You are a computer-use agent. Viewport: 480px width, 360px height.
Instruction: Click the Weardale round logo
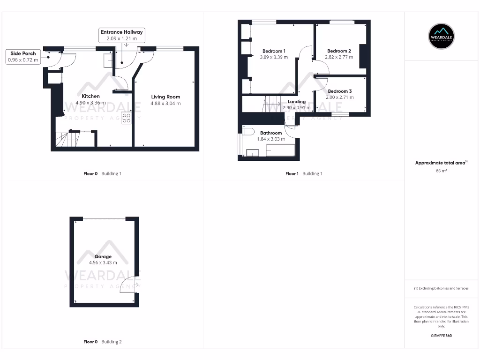click(442, 37)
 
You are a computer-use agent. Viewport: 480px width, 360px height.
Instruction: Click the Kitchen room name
click(90, 96)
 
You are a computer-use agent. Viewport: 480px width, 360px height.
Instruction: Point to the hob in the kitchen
click(127, 118)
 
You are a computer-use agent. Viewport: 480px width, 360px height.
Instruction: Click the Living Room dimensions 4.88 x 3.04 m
click(165, 103)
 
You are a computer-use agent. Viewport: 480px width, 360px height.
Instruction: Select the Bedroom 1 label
click(274, 51)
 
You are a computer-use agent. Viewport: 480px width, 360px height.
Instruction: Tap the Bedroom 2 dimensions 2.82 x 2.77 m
click(339, 57)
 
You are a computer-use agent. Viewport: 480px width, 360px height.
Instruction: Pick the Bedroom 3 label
click(339, 91)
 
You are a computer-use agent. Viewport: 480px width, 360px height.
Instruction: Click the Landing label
click(296, 102)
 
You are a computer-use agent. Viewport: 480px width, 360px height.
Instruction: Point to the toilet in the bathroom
click(248, 131)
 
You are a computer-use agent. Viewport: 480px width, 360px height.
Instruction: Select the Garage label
click(103, 256)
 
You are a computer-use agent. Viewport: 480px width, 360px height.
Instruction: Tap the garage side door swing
click(128, 285)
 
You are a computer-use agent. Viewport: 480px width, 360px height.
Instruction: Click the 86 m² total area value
click(441, 171)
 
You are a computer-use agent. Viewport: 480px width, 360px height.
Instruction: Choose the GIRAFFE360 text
click(441, 336)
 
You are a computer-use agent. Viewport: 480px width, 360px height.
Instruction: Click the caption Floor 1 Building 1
click(304, 173)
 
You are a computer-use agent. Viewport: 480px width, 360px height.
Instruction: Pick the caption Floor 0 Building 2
click(102, 342)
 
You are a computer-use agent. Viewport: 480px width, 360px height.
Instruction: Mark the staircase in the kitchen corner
click(66, 139)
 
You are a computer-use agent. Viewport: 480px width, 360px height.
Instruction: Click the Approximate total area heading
click(441, 163)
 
